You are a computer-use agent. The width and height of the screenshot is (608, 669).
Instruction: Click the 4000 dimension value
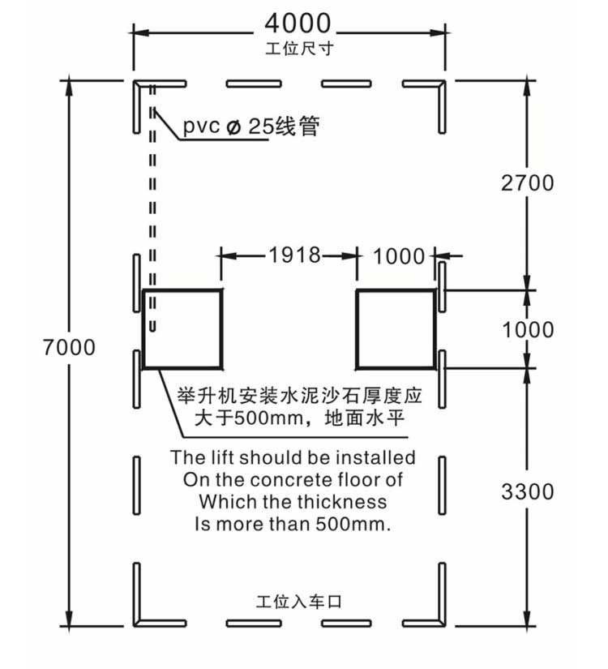tap(298, 24)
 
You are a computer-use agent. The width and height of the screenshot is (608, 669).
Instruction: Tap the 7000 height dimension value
tap(69, 347)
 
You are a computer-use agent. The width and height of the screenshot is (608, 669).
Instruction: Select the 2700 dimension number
tap(528, 183)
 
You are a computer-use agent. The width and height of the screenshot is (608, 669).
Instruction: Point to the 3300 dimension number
tap(528, 491)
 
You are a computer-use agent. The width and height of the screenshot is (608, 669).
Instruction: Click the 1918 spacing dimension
tap(295, 255)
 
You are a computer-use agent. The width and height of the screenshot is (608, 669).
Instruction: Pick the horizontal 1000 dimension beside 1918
tap(399, 257)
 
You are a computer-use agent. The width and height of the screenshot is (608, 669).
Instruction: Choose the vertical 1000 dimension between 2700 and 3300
tap(529, 330)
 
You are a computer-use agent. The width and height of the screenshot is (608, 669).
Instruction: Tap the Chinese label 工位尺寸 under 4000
tap(299, 49)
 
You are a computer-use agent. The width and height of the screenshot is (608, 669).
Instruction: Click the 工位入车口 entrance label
tap(298, 602)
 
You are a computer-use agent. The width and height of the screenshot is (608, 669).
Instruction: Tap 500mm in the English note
tap(353, 524)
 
